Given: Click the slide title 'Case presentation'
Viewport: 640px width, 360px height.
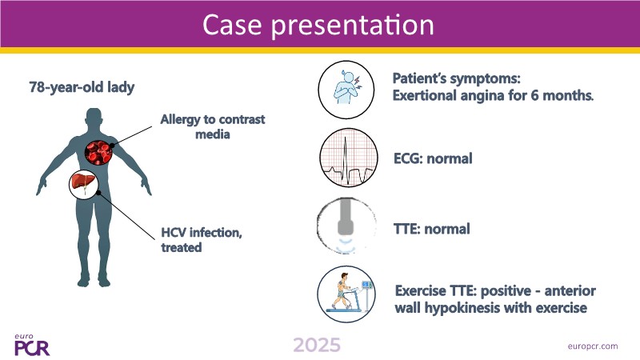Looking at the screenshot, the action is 318,25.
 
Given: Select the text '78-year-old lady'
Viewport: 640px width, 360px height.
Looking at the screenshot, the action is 82,87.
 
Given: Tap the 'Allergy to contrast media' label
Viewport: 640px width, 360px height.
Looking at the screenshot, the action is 213,126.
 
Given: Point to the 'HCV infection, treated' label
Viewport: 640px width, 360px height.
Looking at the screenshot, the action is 202,239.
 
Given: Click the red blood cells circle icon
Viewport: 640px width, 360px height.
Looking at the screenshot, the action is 98,152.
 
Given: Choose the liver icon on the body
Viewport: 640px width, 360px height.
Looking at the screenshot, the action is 85,184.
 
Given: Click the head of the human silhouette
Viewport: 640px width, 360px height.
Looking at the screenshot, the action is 94,118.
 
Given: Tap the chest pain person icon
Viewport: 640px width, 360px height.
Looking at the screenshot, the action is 346,90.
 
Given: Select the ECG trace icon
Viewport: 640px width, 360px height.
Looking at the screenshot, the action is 348,158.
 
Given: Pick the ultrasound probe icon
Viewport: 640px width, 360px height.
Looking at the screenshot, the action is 346,226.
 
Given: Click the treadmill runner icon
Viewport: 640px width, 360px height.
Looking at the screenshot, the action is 346,294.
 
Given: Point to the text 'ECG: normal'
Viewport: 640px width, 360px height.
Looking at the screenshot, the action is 433,158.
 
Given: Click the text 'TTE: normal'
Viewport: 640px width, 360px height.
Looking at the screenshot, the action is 432,229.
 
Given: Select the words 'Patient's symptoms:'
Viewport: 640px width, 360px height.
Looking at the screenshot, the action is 456,78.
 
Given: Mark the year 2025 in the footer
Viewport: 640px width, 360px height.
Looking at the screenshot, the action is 317,346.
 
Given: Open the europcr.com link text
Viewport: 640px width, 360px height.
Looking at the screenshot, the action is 593,346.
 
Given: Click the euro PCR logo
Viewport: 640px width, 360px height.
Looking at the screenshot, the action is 32,346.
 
